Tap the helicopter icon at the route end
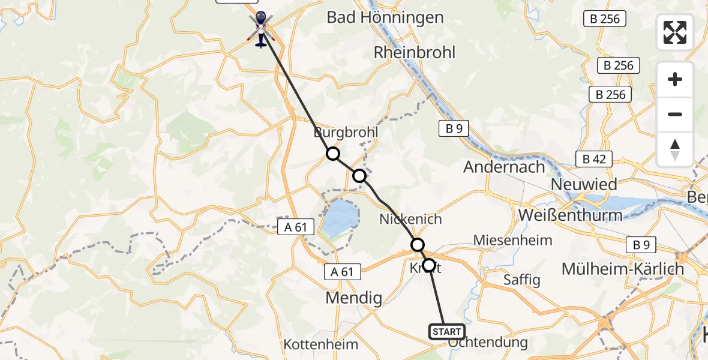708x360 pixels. click(x=260, y=30)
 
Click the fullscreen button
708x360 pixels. click(x=675, y=32)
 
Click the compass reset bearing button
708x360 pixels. click(x=675, y=149)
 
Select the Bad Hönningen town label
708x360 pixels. click(x=385, y=17)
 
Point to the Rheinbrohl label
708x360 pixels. click(x=415, y=52)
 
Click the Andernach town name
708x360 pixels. click(x=504, y=167)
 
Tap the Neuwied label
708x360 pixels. click(x=584, y=184)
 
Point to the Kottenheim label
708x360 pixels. click(x=320, y=344)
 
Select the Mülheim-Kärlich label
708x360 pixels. click(x=623, y=269)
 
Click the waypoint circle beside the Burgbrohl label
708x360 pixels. click(x=333, y=154)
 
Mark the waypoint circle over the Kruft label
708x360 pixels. click(x=429, y=265)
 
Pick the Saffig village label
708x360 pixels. click(x=521, y=280)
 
